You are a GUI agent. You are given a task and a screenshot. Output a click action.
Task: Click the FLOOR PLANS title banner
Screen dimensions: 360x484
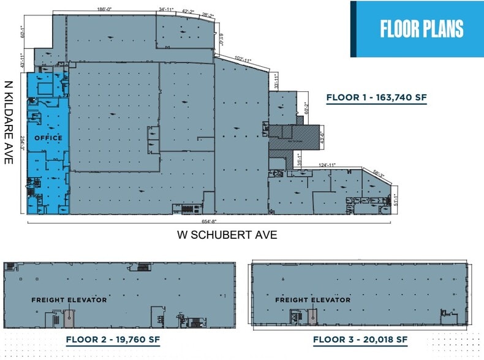pos(422,29)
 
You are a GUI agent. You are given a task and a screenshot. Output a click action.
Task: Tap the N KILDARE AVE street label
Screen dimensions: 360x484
pos(9,122)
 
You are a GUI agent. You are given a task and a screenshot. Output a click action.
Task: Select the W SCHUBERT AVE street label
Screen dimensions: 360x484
pos(227,234)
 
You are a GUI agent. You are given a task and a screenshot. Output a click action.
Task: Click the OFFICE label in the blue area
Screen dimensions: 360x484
pos(48,138)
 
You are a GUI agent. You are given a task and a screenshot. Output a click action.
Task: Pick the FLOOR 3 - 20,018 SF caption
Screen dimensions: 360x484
pos(360,339)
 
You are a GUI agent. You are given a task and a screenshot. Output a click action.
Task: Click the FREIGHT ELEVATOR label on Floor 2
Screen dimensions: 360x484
pos(69,300)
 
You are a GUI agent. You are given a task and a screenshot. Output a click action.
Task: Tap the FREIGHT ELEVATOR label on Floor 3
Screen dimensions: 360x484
pos(312,300)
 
